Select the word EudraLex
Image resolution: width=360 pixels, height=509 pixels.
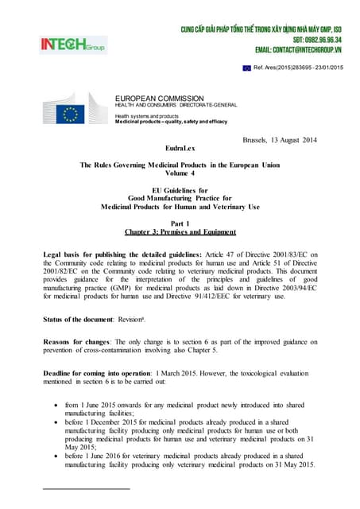click(180, 148)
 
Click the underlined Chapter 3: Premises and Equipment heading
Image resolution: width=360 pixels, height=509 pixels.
click(180, 232)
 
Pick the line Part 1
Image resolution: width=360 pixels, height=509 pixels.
click(180, 223)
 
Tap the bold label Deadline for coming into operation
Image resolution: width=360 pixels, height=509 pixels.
click(101, 371)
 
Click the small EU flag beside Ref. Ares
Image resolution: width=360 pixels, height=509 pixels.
click(247, 68)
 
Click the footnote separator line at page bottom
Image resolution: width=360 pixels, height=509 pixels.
click(87, 488)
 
